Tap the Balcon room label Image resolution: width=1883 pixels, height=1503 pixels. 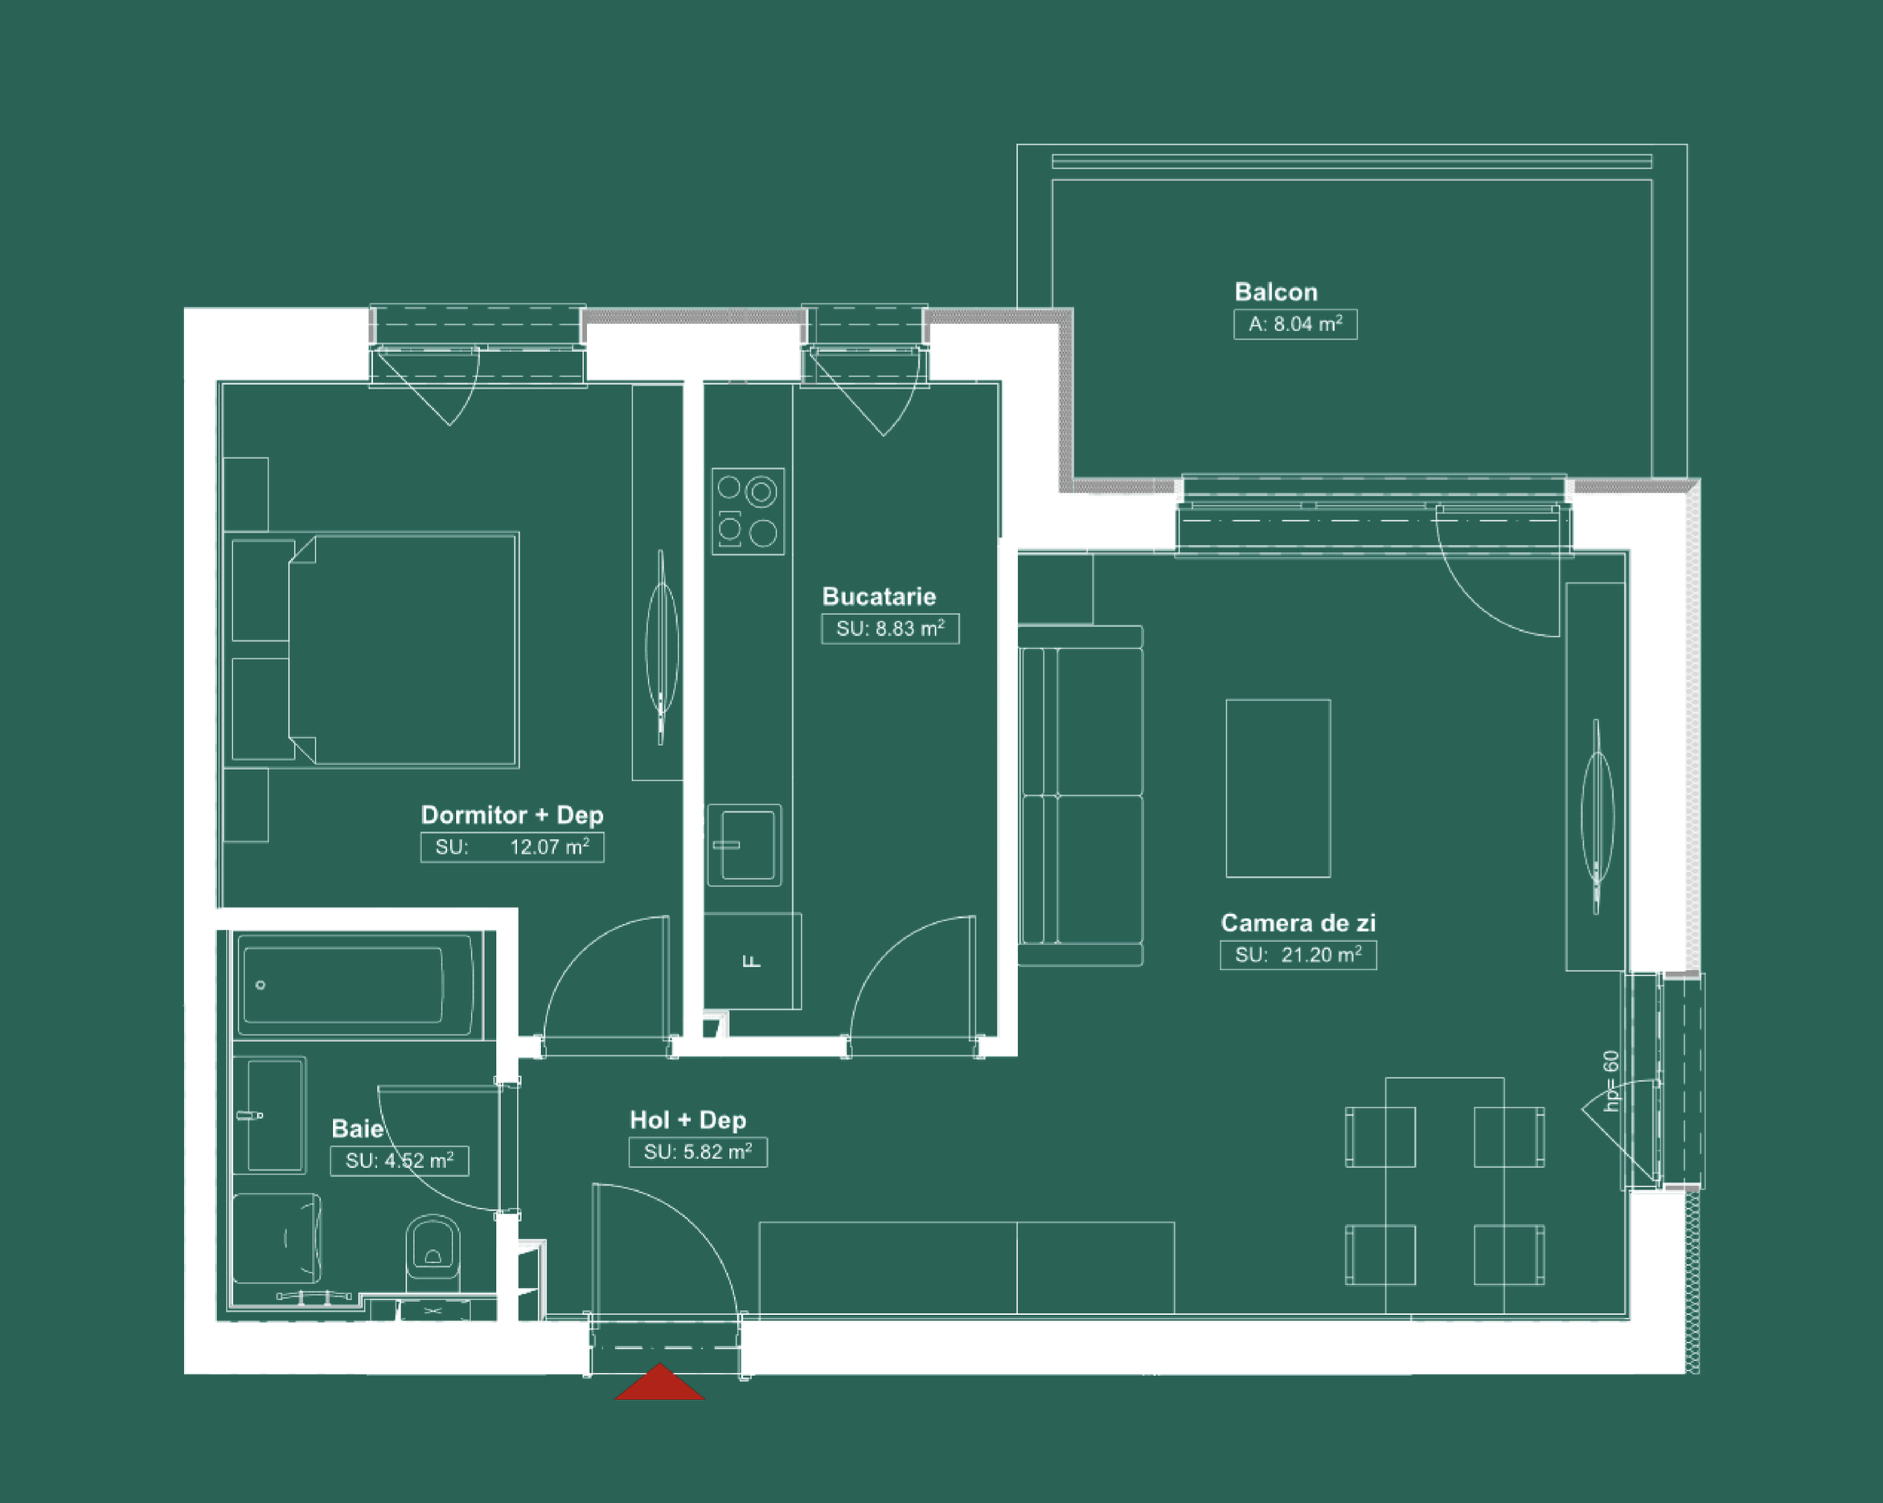1275,292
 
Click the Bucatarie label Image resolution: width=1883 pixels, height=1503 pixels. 879,596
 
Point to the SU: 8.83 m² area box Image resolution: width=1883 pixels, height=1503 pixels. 890,629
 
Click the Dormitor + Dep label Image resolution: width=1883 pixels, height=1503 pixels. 512,815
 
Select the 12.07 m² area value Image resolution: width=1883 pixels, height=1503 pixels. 549,847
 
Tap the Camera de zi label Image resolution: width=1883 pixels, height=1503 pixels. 1298,924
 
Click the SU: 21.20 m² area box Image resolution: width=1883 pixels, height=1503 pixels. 1298,956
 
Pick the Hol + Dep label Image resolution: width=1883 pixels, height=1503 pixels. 687,1120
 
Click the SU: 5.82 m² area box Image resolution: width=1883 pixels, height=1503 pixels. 698,1153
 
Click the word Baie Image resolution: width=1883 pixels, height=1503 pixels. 357,1129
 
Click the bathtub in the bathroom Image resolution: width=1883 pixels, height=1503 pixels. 359,985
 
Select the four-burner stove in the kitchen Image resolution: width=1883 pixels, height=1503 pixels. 748,512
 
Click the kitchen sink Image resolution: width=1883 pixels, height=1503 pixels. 745,846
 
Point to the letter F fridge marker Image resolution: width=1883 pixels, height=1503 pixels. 751,961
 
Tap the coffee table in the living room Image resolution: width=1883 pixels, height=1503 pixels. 1278,788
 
